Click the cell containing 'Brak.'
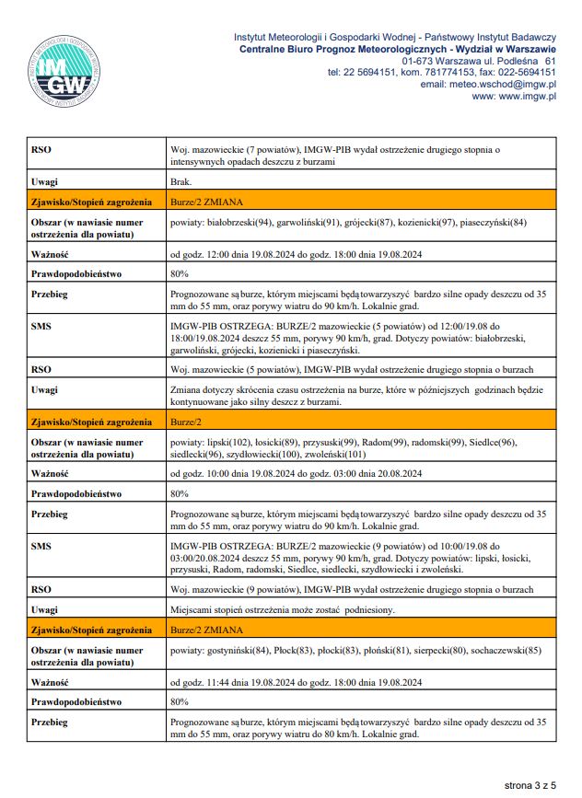click(181, 181)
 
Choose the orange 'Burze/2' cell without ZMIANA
click(188, 422)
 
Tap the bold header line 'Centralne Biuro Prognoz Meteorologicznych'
click(396, 48)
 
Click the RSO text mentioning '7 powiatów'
click(335, 149)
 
